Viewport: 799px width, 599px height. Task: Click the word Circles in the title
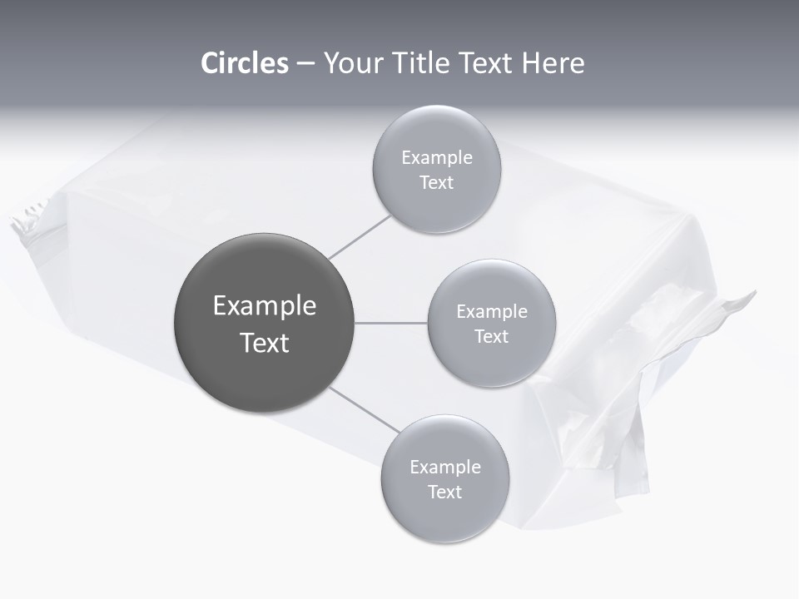[244, 63]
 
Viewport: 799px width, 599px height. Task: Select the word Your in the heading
[350, 63]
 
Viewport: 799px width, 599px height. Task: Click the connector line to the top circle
[360, 237]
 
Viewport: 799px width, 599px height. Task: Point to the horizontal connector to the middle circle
[391, 323]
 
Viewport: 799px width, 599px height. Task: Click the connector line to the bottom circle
[365, 408]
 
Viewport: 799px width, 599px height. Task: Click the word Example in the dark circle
[265, 306]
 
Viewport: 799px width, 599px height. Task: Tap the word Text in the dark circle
[265, 343]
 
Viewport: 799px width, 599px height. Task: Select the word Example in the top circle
[437, 158]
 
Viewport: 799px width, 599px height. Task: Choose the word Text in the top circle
[436, 183]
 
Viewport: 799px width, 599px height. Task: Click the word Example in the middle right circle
[492, 312]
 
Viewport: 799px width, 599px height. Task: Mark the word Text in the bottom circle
[444, 493]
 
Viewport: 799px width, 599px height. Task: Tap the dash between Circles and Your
[305, 64]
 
